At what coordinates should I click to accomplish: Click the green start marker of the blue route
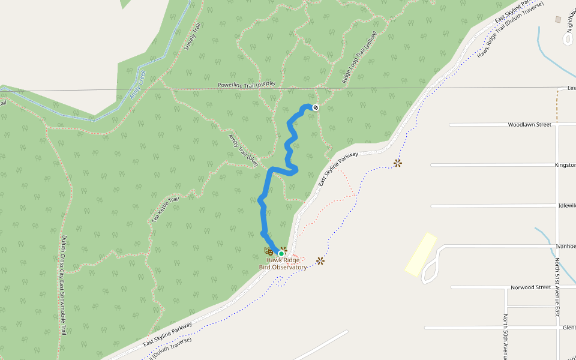tap(281, 253)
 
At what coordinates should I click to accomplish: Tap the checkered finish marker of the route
tap(315, 107)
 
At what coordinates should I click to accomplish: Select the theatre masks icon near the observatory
tap(269, 251)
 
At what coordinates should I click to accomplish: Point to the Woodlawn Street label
tap(529, 125)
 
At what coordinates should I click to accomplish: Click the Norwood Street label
tap(530, 287)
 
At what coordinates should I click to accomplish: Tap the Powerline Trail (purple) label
tap(246, 85)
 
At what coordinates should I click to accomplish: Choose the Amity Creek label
tap(138, 86)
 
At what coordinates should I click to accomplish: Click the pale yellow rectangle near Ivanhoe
tap(421, 254)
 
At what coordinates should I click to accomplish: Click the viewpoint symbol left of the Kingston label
tap(397, 163)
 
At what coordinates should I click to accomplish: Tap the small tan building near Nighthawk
tap(558, 20)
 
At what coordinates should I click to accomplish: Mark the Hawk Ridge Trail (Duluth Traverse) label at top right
tap(509, 29)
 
